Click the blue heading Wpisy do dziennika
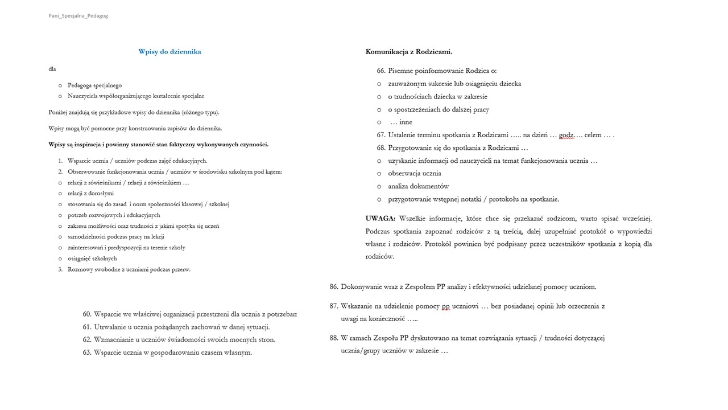169,52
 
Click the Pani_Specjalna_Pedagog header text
78,16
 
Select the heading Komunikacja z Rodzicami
408,52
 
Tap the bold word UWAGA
380,219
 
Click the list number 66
381,71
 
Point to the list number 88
334,338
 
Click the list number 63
87,352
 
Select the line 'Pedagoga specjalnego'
94,85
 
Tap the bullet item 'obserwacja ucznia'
414,174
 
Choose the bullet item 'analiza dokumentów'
418,186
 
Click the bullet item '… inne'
401,122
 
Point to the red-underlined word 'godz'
566,136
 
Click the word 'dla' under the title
52,69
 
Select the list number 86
334,287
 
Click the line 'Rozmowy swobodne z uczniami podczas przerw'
129,269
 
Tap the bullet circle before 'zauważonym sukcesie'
379,84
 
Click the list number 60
87,314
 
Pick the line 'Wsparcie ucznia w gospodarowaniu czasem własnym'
173,352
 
